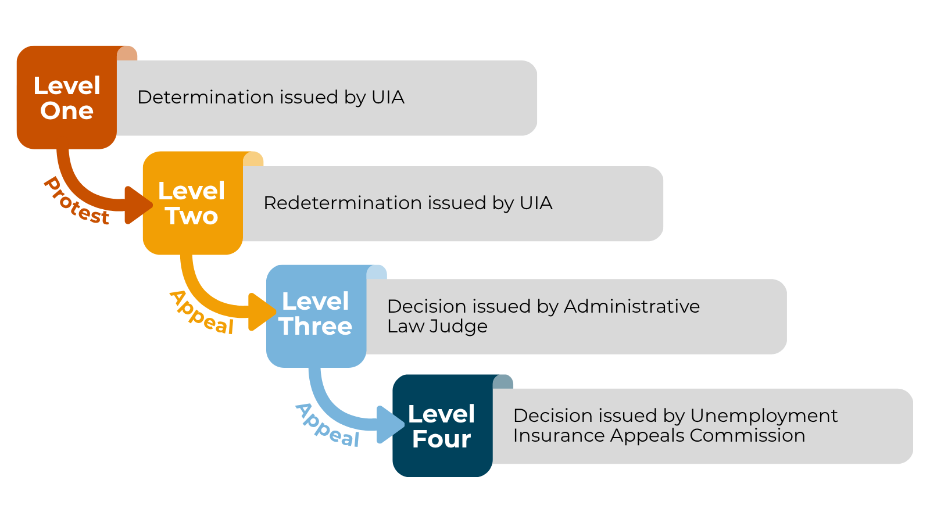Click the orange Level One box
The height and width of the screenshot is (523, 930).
coord(66,98)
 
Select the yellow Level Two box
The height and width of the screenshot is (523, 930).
coord(192,203)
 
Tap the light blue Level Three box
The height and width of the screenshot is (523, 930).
coord(316,316)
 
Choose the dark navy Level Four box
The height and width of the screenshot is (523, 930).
coord(442,426)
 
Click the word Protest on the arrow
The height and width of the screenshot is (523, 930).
coord(76,202)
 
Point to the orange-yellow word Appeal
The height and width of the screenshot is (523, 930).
coord(201,313)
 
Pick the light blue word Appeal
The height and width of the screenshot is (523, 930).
coord(327,425)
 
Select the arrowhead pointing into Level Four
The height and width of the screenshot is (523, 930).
coord(389,424)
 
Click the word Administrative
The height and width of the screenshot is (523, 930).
coord(631,306)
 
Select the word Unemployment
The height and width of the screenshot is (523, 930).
coord(764,415)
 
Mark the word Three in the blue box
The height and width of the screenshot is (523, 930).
coord(316,327)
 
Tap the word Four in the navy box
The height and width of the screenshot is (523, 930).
coord(442,439)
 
